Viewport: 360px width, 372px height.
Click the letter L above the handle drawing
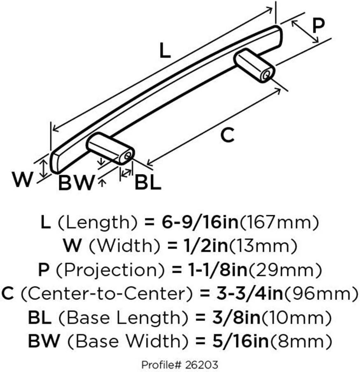coord(165,51)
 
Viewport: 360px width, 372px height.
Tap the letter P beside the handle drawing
coord(318,25)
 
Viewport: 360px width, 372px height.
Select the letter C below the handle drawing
coord(228,135)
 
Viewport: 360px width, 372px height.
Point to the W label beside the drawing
coord(23,179)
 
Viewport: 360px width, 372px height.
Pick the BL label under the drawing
coord(148,182)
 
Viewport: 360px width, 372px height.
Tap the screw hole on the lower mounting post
coord(128,156)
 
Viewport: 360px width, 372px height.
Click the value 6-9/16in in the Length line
coord(200,222)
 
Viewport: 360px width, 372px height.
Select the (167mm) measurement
coord(279,223)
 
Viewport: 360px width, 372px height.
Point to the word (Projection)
coord(110,270)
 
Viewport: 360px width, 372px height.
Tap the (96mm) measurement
coord(321,294)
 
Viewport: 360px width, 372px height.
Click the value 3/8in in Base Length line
coord(237,317)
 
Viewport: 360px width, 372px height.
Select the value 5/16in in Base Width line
coord(240,341)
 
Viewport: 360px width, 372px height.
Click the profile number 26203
coord(202,365)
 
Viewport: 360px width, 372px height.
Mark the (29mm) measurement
coord(285,270)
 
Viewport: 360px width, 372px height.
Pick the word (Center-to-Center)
coord(107,294)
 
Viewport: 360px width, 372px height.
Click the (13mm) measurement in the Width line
coord(262,246)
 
